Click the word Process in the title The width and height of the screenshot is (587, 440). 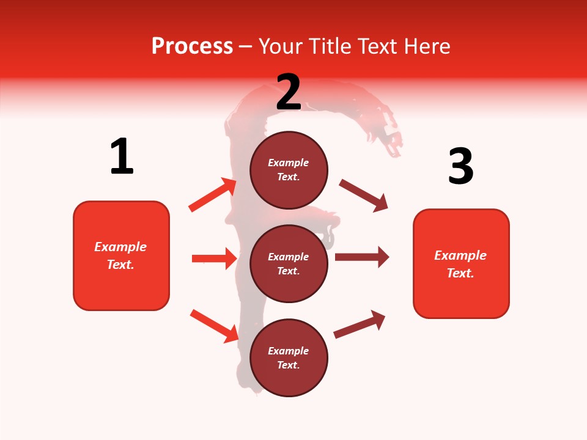coord(192,46)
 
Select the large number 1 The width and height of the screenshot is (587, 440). coord(122,156)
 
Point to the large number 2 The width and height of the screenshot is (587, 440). coord(289,92)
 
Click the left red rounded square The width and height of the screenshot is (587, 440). coord(121,255)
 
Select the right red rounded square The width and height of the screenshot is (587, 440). coord(461,264)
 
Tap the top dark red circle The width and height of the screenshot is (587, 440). coord(289,170)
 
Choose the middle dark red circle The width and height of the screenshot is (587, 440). coord(289,264)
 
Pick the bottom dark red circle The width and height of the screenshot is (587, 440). coord(289,358)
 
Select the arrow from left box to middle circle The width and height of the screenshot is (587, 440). coord(214,258)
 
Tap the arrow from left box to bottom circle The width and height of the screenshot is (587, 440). coord(214,326)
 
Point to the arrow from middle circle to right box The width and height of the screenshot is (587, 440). coord(362,257)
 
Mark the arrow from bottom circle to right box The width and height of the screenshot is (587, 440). coord(360,324)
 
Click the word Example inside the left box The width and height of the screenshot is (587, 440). coord(120,247)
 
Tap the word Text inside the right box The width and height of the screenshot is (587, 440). coord(460,273)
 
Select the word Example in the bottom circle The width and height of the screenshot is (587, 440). coord(289,351)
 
